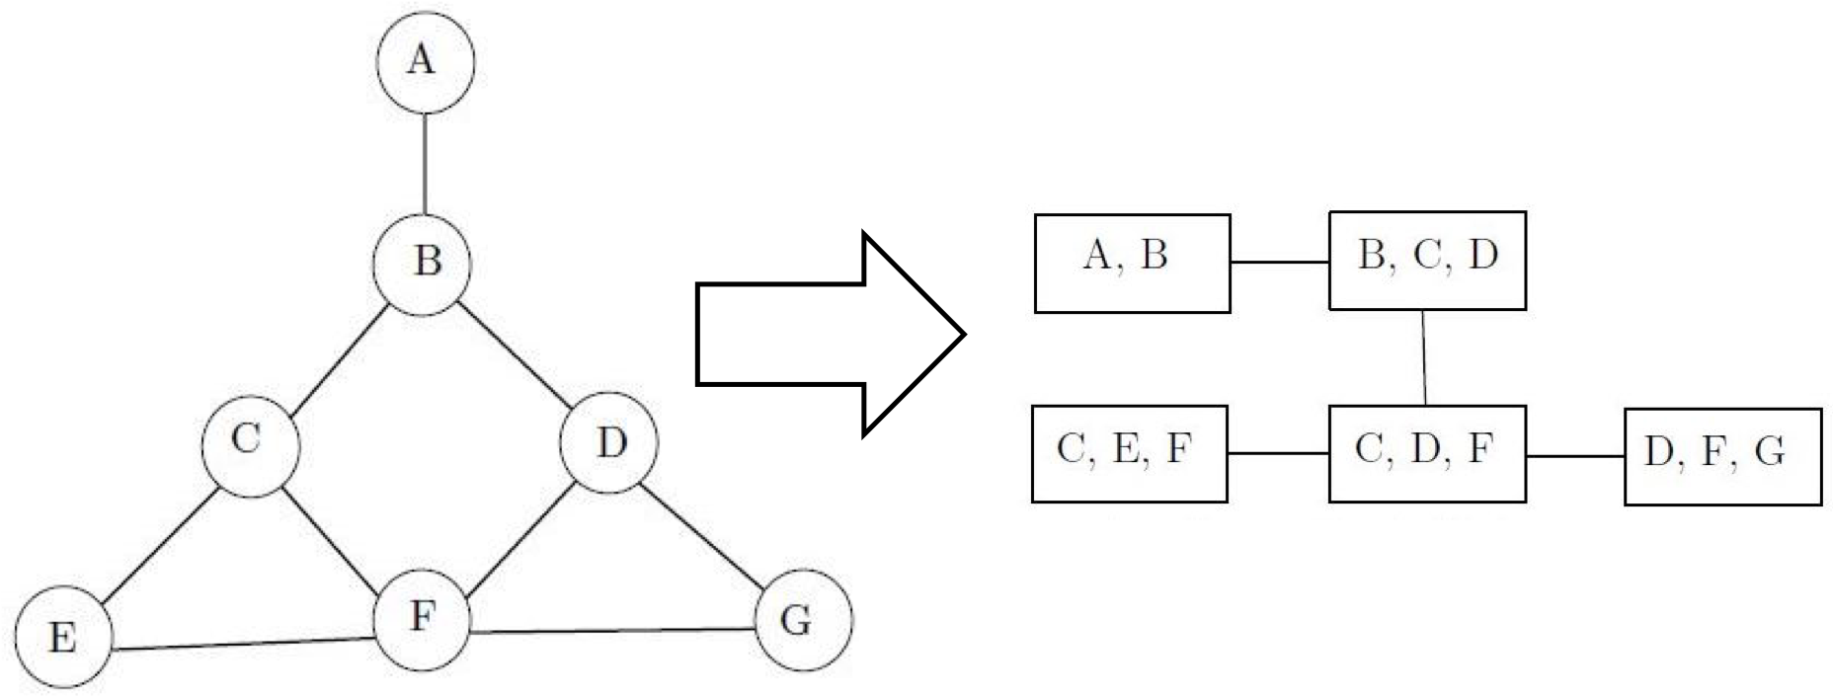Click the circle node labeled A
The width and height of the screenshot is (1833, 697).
(426, 61)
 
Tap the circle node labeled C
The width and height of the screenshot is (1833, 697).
(250, 444)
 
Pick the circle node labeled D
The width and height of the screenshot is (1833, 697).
(608, 442)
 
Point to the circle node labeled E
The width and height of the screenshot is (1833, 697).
(63, 637)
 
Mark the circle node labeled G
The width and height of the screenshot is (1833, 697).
(802, 620)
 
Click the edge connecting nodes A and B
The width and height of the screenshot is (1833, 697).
(425, 163)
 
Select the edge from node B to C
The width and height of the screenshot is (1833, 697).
(336, 355)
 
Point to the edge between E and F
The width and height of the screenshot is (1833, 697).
(243, 644)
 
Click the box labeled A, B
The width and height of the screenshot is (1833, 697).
(1132, 264)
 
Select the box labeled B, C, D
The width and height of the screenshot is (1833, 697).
(1427, 261)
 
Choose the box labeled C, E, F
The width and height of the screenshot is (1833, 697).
(1129, 453)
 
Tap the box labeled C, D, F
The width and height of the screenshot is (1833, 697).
(1427, 453)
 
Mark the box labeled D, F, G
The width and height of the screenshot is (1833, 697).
(1722, 456)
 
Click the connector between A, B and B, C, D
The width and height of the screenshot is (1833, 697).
(1280, 263)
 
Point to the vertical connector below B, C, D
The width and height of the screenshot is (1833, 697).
(1424, 357)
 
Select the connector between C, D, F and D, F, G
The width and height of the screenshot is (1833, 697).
(1575, 456)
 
